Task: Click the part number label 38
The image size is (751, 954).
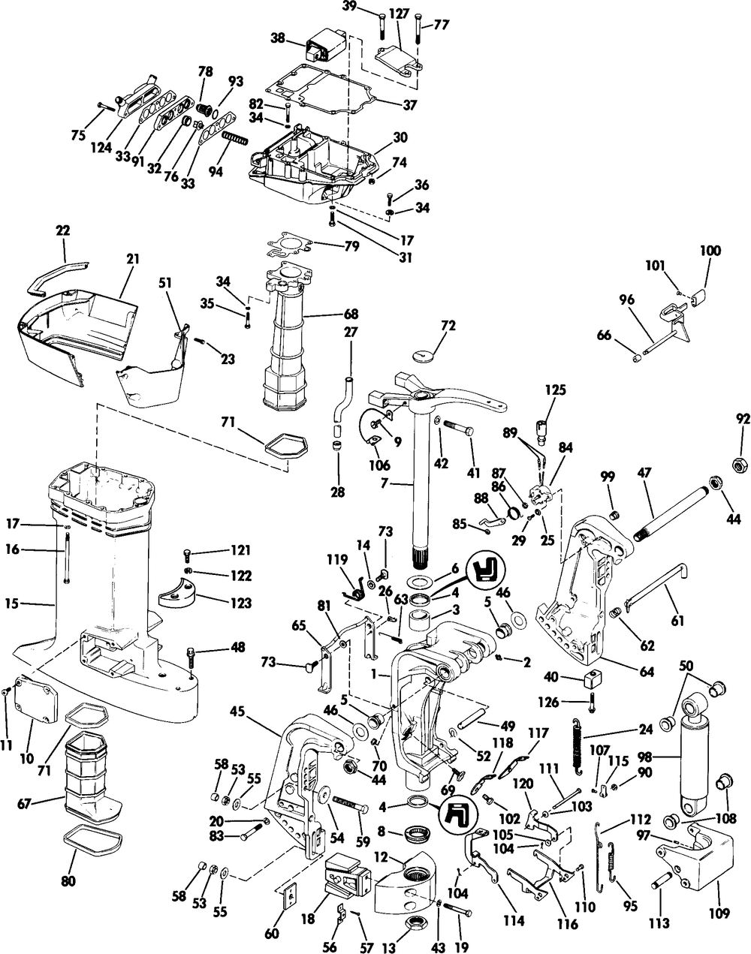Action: [x=278, y=38]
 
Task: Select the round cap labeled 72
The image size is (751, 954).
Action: [x=421, y=355]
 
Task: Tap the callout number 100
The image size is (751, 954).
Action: [x=710, y=251]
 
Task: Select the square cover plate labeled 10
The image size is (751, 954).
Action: [x=37, y=703]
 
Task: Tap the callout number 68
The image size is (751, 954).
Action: [x=351, y=314]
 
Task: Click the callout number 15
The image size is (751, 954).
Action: [x=13, y=603]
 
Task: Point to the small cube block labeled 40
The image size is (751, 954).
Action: [x=588, y=678]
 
